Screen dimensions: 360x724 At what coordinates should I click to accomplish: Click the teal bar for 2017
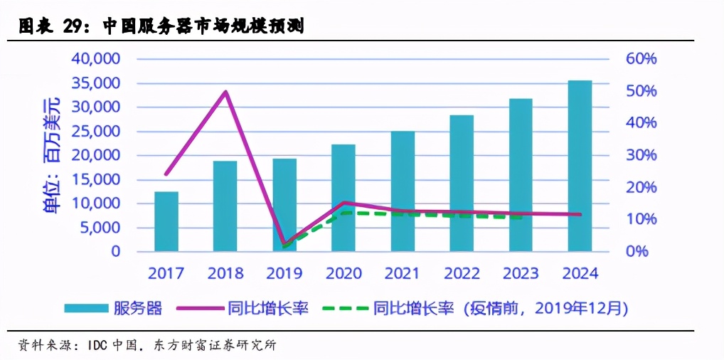(x=166, y=221)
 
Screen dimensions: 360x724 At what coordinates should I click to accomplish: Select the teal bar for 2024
(x=580, y=166)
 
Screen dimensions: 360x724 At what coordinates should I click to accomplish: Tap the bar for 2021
(x=403, y=191)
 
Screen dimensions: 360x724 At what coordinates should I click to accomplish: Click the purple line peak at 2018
(x=225, y=92)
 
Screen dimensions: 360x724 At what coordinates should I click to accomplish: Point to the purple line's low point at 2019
(x=284, y=244)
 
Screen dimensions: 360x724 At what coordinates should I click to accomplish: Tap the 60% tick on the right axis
(x=641, y=59)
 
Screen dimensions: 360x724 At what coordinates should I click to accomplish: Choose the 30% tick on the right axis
(x=641, y=155)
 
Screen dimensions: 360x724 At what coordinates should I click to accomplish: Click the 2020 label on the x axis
(x=344, y=273)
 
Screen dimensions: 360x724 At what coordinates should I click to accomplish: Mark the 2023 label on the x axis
(x=521, y=273)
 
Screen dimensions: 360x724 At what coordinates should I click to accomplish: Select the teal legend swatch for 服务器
(x=85, y=308)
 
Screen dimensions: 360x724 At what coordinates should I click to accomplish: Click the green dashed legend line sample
(x=345, y=308)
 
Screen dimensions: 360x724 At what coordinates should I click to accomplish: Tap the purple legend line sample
(x=200, y=308)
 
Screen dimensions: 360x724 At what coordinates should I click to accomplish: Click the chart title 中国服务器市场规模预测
(x=203, y=27)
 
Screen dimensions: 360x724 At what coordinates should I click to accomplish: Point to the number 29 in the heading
(x=75, y=27)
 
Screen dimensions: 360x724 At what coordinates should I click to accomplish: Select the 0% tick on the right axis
(x=637, y=251)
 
